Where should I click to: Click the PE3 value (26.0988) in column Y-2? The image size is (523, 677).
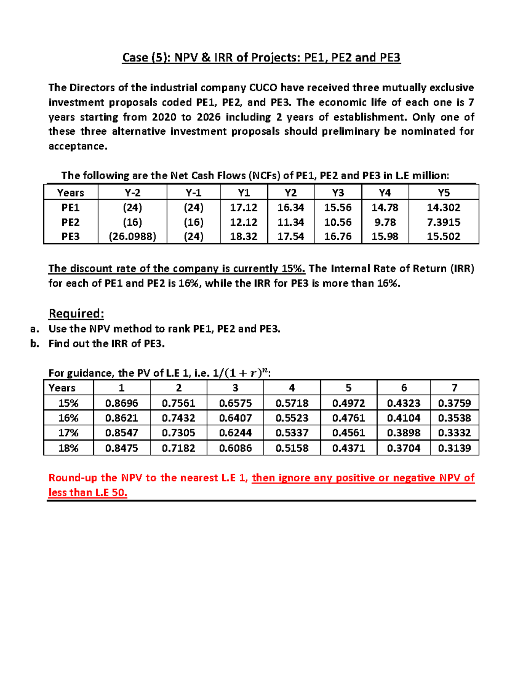(x=132, y=237)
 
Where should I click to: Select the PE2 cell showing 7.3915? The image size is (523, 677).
(x=443, y=222)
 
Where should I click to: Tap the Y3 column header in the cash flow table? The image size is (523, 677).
(x=338, y=193)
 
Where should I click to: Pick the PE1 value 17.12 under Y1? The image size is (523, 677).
(x=244, y=208)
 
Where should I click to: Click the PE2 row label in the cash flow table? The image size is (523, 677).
(x=71, y=222)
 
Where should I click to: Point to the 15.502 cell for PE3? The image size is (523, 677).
(x=443, y=237)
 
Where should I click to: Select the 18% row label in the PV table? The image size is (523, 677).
(x=68, y=448)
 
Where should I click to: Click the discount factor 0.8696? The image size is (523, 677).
(x=122, y=403)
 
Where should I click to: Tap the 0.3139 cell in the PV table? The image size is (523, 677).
(x=454, y=448)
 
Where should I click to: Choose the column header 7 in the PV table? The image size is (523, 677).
(x=454, y=388)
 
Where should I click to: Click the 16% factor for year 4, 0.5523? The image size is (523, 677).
(x=292, y=418)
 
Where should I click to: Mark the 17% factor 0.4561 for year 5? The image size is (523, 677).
(x=348, y=433)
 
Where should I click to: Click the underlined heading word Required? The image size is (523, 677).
(x=76, y=313)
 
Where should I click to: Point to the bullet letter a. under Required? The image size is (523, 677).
(x=35, y=329)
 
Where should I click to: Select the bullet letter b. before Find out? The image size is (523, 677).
(x=35, y=344)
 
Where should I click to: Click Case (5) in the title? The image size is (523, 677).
(x=146, y=58)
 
